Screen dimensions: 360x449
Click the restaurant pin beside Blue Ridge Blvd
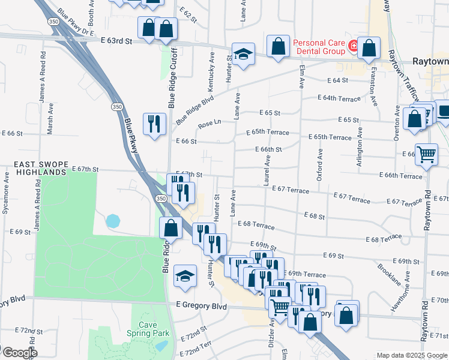click(x=154, y=124)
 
